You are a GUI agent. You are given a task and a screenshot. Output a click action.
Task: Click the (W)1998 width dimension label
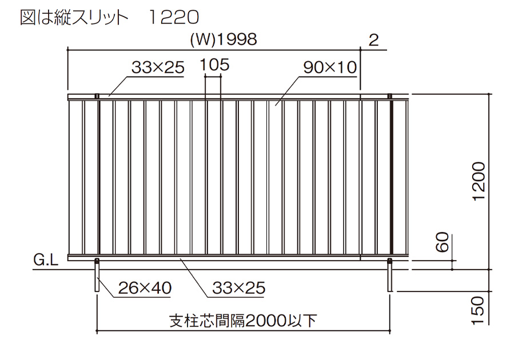click(x=224, y=39)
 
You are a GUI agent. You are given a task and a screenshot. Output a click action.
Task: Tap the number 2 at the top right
click(x=374, y=40)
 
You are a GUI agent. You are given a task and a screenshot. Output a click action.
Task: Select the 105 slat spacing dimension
click(x=215, y=65)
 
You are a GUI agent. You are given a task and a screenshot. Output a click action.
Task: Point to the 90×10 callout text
click(x=330, y=67)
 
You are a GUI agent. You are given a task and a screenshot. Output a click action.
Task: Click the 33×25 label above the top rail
click(x=158, y=67)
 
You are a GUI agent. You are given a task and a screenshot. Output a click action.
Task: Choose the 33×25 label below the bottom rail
click(x=239, y=288)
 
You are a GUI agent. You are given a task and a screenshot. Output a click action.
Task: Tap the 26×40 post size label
click(x=145, y=288)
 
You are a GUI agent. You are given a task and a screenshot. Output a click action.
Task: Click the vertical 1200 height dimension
click(x=479, y=181)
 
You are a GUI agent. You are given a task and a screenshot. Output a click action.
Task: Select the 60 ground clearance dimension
click(x=443, y=242)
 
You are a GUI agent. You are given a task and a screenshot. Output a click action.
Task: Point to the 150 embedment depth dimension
click(x=478, y=310)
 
